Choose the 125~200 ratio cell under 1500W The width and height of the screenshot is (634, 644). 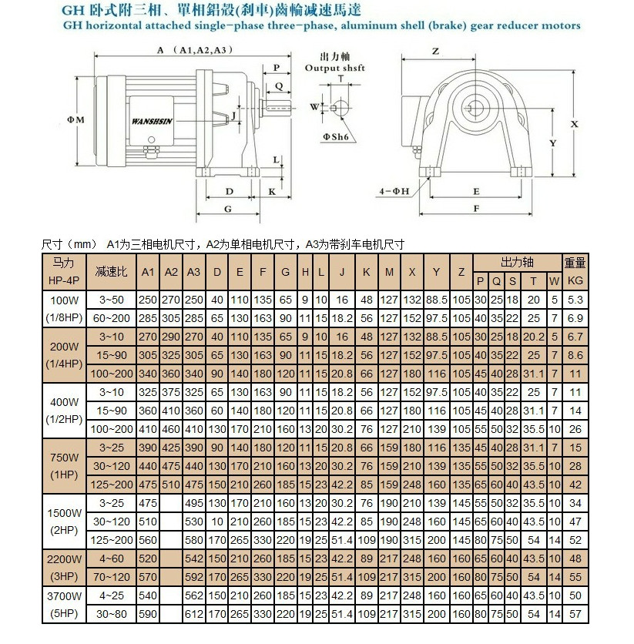[110, 540]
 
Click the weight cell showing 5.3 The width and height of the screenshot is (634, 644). [575, 298]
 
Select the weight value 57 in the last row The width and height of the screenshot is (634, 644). [575, 614]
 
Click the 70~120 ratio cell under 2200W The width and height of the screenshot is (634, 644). [110, 577]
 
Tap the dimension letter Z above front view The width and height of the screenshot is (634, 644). [435, 52]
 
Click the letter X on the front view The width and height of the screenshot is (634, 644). [574, 123]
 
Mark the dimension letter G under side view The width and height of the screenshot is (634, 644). [227, 209]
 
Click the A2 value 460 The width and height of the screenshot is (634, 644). [172, 429]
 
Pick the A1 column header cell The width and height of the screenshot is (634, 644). [149, 272]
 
